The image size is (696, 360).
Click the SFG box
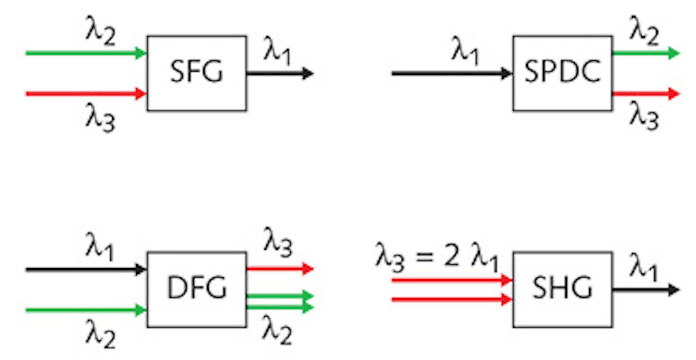point(196,73)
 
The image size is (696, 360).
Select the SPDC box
point(563,73)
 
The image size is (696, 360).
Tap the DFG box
point(196,289)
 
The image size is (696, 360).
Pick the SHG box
point(563,289)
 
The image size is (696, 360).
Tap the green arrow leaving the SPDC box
point(645,53)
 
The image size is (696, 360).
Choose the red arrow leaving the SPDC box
point(645,93)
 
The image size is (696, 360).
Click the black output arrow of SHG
point(645,290)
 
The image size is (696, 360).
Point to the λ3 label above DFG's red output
point(278,242)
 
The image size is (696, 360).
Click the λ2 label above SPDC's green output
point(644,33)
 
